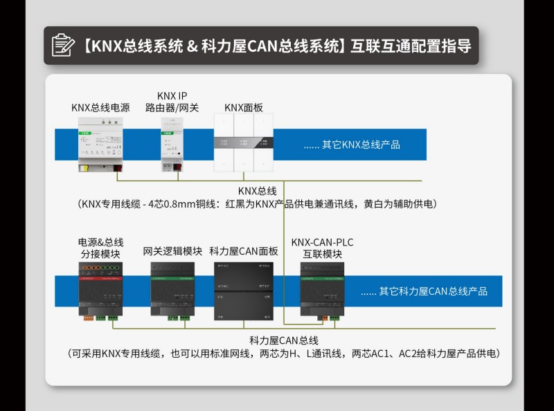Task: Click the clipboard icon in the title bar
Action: click(63, 45)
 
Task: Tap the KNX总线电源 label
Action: click(100, 108)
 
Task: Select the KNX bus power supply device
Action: click(101, 145)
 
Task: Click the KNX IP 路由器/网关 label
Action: click(172, 102)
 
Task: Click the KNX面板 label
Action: click(243, 108)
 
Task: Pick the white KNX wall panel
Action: click(242, 145)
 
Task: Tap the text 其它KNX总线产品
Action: click(352, 145)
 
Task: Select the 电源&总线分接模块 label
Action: click(100, 248)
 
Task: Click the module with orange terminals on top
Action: click(101, 290)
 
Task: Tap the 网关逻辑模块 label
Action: click(172, 252)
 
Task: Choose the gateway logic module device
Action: click(172, 290)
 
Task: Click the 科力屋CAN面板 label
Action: click(243, 252)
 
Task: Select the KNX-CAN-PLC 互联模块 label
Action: click(322, 248)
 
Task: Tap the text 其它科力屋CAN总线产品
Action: click(423, 292)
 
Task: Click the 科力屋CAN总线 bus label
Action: click(283, 340)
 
